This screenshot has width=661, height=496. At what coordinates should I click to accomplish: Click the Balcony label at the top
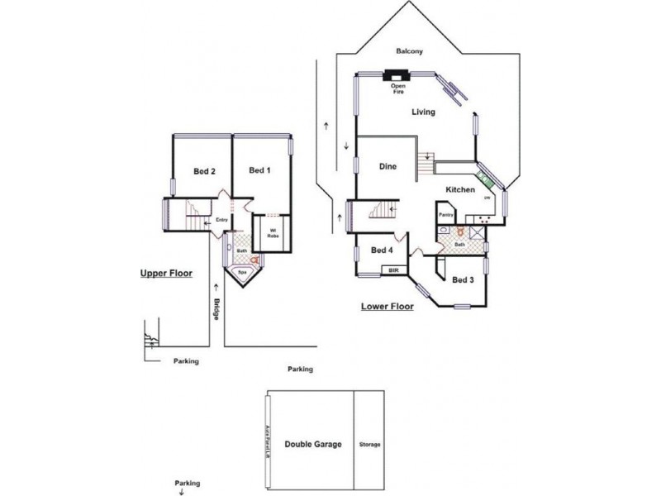pos(410,51)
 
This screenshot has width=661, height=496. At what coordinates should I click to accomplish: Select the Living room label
pos(424,112)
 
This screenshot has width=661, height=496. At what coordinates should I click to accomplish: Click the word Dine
pos(388,167)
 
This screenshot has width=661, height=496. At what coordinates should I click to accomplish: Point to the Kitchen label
pos(460,190)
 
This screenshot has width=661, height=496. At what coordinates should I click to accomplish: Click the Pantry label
pos(447,214)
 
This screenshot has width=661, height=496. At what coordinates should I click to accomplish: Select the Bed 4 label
pos(381,250)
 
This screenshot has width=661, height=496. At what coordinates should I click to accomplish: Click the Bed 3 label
pos(463,279)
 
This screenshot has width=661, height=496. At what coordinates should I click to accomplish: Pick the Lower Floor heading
pos(387,306)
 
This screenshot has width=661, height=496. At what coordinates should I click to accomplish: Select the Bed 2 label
pos(204,172)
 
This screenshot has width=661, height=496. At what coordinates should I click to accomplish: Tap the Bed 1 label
pos(259,170)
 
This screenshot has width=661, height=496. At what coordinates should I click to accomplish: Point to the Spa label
pos(243,271)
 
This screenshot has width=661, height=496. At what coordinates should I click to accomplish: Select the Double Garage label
pos(313,444)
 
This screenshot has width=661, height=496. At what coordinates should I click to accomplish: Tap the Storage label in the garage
pos(370,445)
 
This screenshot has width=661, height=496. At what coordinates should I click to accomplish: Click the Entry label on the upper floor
pos(221,220)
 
